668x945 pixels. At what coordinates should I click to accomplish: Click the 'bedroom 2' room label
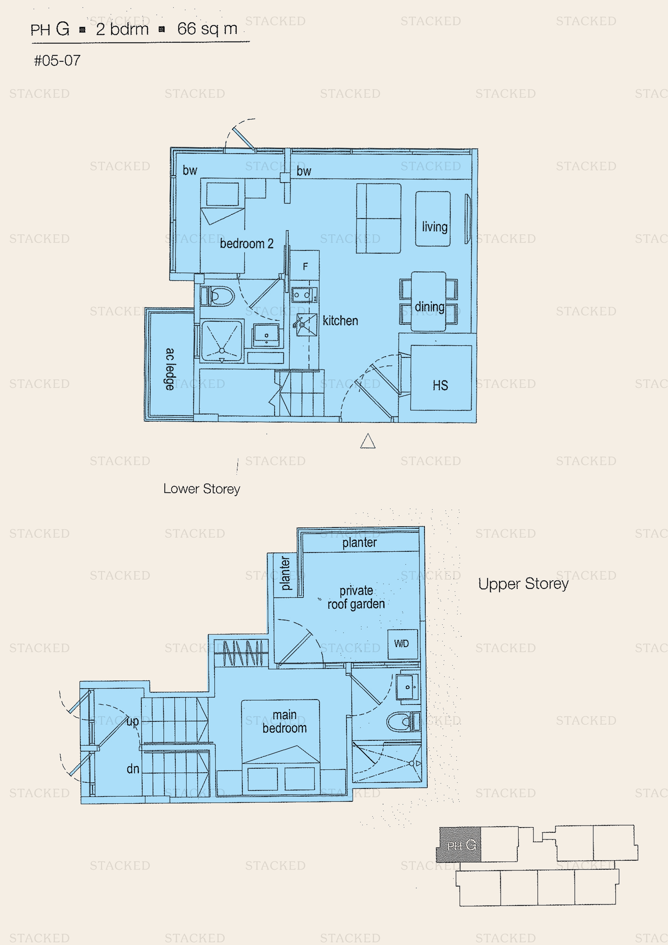246,244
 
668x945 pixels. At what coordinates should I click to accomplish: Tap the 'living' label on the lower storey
435,227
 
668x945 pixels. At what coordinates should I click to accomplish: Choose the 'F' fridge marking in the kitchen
305,267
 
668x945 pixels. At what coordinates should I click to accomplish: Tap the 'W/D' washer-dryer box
402,644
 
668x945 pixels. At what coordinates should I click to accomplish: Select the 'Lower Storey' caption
202,489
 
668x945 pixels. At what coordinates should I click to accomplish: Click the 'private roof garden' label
356,597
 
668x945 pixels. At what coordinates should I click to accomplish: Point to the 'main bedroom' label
285,721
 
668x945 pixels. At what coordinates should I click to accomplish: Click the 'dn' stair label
133,769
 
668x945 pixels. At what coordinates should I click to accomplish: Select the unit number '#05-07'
57,61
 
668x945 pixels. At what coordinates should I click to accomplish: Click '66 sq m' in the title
207,29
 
